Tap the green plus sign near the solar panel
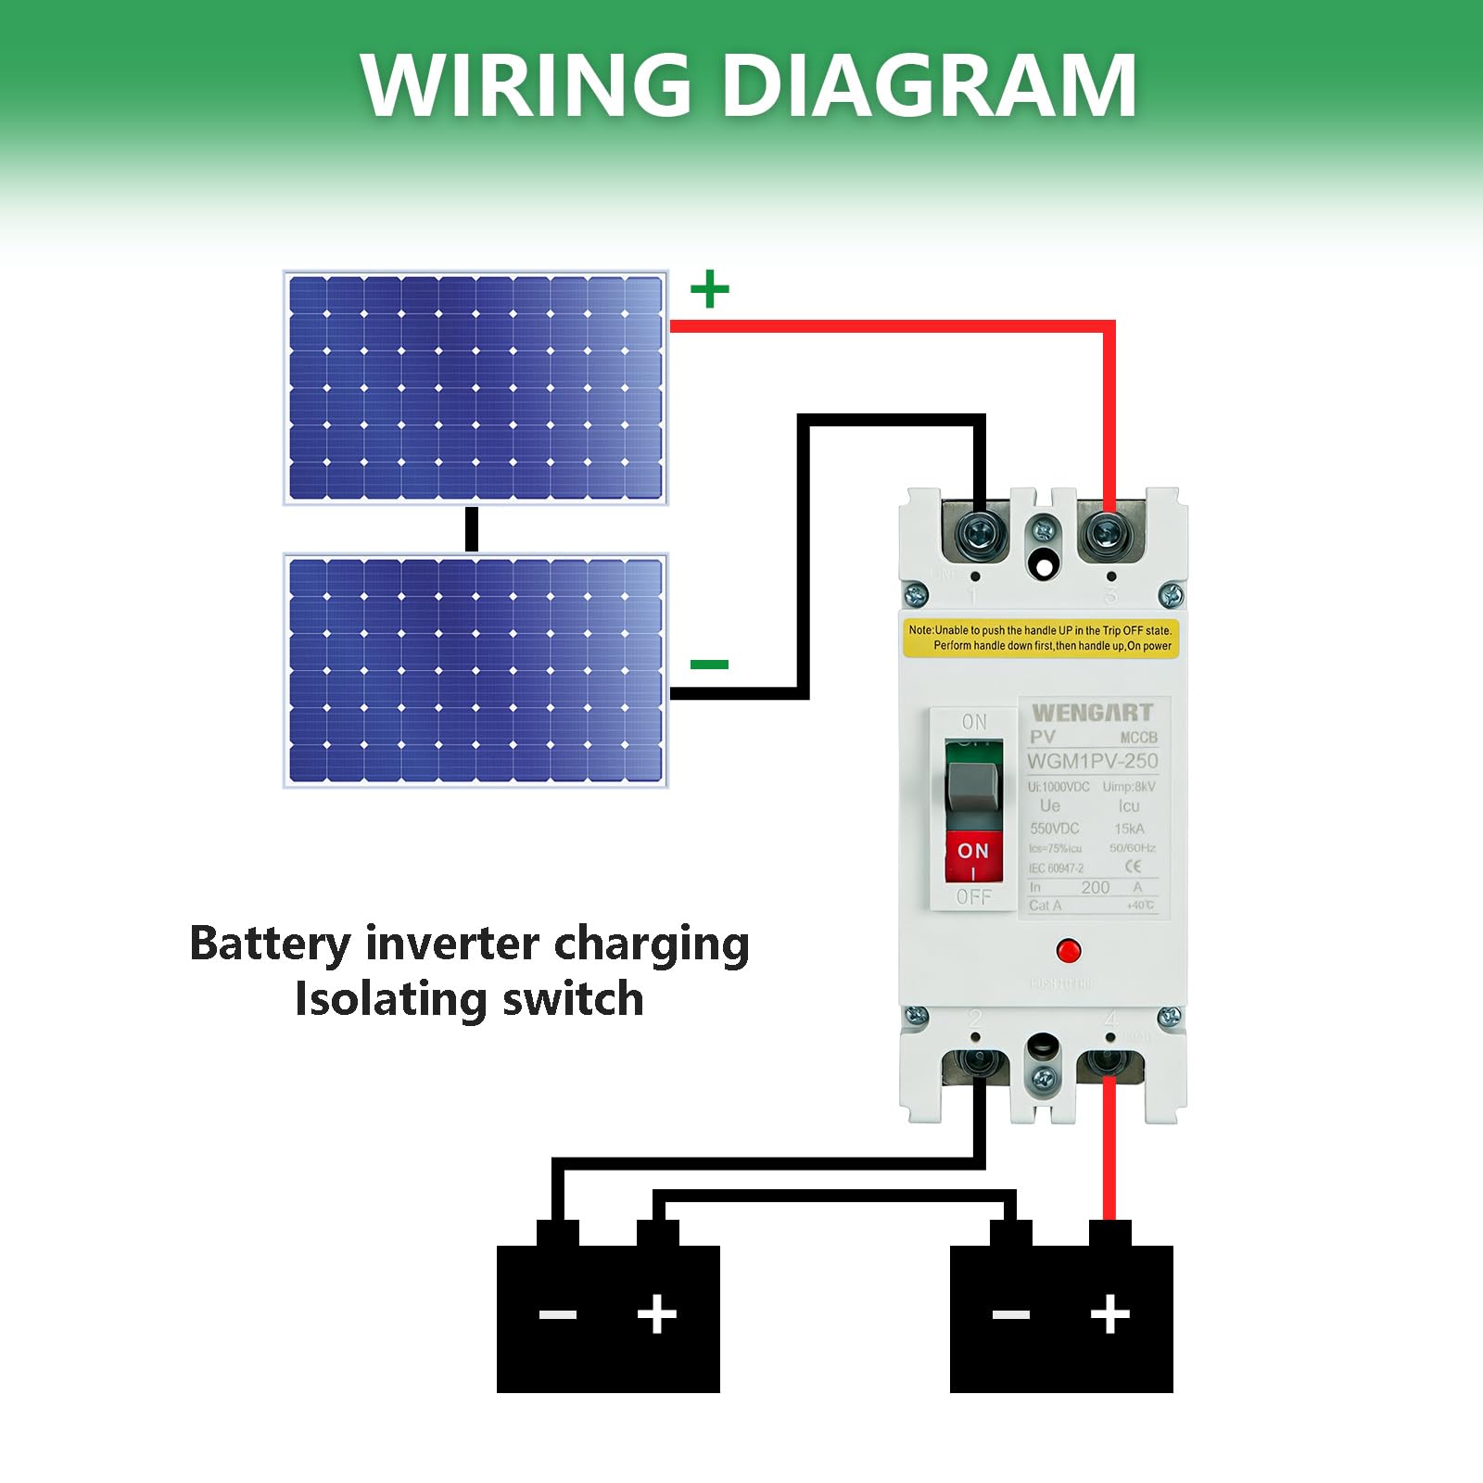[x=710, y=289]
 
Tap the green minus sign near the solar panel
[x=710, y=664]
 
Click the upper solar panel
[x=475, y=387]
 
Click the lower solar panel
[x=475, y=670]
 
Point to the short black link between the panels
[x=472, y=529]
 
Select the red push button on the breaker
[x=1068, y=951]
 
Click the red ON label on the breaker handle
[x=973, y=851]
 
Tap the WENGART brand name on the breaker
[x=1092, y=713]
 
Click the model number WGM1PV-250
[x=1092, y=762]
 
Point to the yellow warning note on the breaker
[x=1040, y=638]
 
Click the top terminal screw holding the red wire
[x=1107, y=534]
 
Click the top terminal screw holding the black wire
[x=981, y=534]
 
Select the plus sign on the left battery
[x=657, y=1314]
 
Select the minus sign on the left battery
[x=558, y=1314]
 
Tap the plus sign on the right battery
[x=1110, y=1314]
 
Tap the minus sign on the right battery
[x=1011, y=1314]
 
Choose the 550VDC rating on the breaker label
[x=1055, y=829]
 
